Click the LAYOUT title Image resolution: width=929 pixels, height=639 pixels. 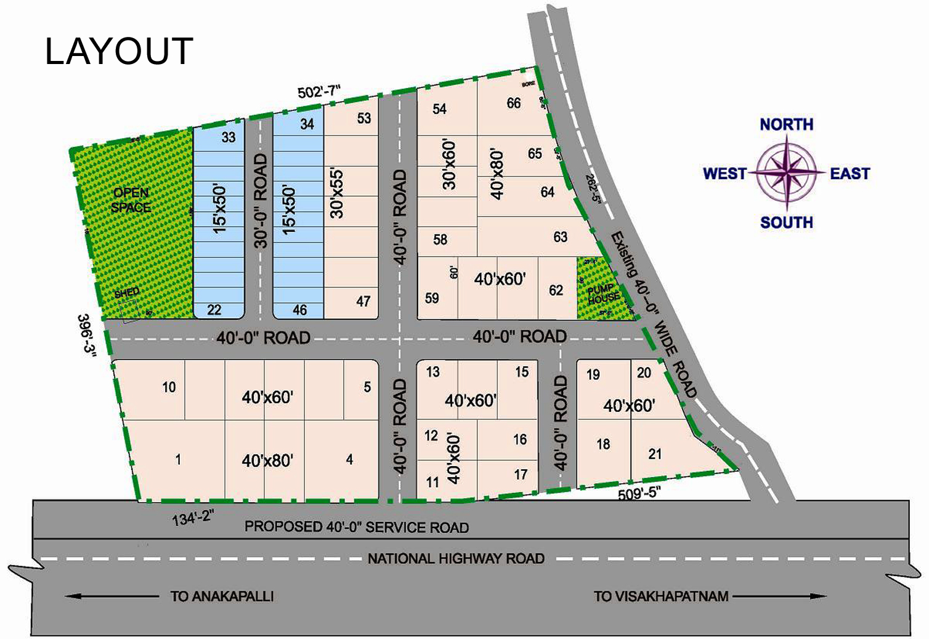point(119,51)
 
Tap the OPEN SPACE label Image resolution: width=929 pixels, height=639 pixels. point(131,200)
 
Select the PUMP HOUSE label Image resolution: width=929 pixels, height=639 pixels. point(603,294)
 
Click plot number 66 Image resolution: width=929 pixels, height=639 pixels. point(514,103)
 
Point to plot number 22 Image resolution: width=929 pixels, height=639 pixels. point(214,310)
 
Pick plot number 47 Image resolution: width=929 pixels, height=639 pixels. point(363,301)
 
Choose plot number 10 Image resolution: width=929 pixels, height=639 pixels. point(169,387)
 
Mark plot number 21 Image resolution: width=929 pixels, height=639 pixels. point(655,454)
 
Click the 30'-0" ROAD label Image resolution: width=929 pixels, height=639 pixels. point(261,201)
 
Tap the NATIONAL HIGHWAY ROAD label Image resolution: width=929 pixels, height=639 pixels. point(456,559)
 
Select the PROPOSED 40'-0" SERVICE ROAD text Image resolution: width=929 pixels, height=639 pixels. point(357,527)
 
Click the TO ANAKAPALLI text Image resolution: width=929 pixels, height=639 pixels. point(222,597)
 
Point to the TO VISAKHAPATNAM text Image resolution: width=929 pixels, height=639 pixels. point(661,597)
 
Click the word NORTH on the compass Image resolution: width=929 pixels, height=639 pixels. point(786,124)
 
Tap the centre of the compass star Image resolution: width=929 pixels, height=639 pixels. point(787,173)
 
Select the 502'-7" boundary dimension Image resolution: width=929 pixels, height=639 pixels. point(318,92)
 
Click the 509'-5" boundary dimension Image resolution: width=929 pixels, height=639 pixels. point(639,492)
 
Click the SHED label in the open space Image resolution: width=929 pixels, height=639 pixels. point(127,292)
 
